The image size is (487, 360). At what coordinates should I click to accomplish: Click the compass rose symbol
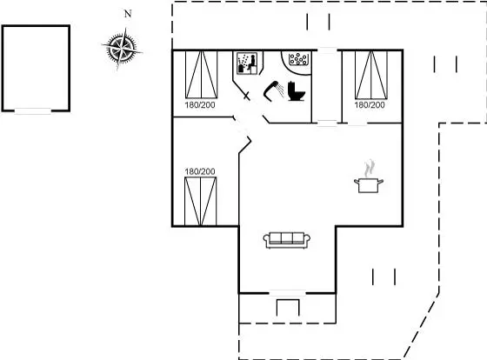click(122, 49)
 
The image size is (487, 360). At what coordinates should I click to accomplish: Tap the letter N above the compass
click(128, 14)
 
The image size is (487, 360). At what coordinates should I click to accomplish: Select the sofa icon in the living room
click(287, 240)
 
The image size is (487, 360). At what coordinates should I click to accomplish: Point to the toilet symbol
click(296, 91)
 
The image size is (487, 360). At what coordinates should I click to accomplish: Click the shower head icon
click(273, 90)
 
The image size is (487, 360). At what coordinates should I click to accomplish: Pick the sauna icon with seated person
click(247, 63)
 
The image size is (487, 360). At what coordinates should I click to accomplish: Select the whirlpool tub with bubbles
click(298, 59)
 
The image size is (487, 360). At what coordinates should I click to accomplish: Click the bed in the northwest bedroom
click(201, 75)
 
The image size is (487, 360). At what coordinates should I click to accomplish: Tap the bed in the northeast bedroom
click(371, 75)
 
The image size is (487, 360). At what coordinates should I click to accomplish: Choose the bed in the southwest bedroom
click(200, 201)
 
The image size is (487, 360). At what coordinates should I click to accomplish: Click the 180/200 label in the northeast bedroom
click(370, 105)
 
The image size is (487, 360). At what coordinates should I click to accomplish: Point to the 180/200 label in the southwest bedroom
click(200, 171)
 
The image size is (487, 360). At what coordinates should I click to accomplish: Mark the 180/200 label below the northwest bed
click(200, 105)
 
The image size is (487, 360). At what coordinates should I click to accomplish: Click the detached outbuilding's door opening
click(33, 111)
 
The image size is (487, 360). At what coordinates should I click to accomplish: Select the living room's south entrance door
click(287, 293)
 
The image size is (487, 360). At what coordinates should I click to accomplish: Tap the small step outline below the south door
click(288, 307)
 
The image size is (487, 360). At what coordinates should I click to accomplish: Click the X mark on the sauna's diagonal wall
click(246, 96)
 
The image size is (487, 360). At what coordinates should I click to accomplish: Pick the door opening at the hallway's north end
click(328, 50)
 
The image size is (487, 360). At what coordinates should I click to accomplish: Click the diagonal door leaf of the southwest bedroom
click(244, 144)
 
